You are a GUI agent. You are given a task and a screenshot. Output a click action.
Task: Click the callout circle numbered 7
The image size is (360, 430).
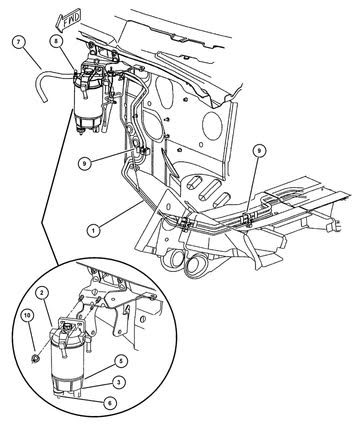click(x=19, y=42)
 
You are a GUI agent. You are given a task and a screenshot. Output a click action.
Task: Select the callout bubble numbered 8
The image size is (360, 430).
click(x=56, y=41)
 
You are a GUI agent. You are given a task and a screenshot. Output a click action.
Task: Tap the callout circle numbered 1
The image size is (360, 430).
click(x=94, y=230)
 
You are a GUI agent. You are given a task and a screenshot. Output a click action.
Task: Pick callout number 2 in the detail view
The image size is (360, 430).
click(x=42, y=293)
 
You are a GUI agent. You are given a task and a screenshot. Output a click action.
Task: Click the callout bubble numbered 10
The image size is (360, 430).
click(x=29, y=315)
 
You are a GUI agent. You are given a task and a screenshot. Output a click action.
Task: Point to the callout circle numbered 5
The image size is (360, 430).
click(x=122, y=362)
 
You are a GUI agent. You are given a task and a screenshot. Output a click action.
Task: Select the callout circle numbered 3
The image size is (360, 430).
click(x=118, y=382)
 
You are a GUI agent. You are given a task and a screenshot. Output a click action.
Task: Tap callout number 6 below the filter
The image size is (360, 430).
click(x=110, y=403)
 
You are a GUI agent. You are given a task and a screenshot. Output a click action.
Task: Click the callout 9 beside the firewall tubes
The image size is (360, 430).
click(x=85, y=163)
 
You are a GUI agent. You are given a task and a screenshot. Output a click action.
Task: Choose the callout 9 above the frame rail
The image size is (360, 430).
click(x=259, y=151)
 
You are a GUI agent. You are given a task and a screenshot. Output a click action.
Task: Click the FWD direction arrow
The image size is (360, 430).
click(x=68, y=19)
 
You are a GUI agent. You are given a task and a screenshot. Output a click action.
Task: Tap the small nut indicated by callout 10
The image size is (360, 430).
click(x=35, y=359)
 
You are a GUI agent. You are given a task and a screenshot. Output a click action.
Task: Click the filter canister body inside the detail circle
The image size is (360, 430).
click(x=66, y=362)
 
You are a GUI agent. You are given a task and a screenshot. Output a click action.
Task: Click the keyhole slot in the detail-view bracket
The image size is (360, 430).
click(x=126, y=310)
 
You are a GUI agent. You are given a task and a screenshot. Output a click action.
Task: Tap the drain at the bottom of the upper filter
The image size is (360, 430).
click(x=81, y=131)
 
